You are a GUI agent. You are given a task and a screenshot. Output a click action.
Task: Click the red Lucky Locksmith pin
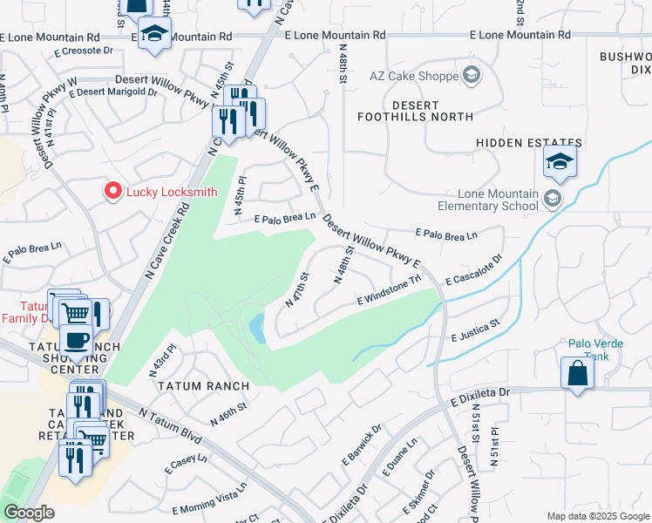112,192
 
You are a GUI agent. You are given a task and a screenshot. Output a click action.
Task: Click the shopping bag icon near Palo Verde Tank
577,373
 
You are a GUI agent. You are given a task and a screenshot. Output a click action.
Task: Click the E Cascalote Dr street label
474,270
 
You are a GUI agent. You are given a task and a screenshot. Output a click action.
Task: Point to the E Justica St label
474,329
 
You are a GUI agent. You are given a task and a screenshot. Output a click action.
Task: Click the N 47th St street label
298,290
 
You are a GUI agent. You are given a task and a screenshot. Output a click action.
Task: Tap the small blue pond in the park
258,329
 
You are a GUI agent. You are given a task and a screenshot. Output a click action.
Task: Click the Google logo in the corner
29,513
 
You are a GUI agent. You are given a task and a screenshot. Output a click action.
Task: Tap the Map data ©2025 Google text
597,516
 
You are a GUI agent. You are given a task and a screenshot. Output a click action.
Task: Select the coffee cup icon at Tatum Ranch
76,340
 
